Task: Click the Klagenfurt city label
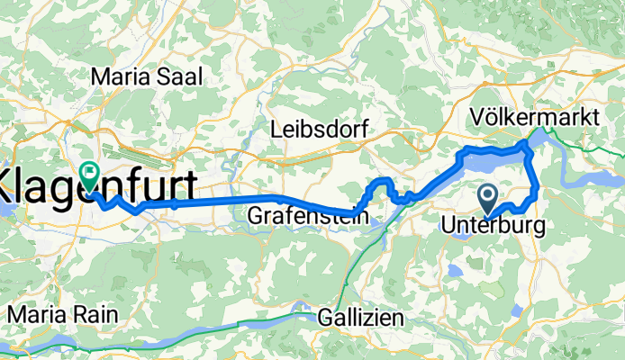pos(99,189)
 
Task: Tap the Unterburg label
pos(494,228)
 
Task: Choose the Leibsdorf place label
pos(320,130)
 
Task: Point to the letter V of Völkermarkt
pos(478,118)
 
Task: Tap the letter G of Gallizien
pos(326,319)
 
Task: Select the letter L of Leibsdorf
pos(276,130)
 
